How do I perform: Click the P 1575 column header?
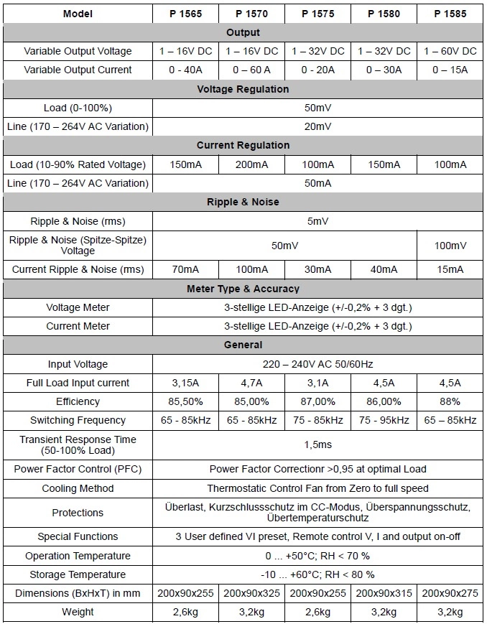pos(317,14)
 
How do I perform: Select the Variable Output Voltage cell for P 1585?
pos(450,51)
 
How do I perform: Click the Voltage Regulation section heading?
pos(243,89)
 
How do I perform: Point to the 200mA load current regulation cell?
pos(251,164)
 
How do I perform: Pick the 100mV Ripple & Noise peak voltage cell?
pos(450,246)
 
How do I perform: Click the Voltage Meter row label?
pos(78,307)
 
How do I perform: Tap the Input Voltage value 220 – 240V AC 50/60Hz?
pos(317,364)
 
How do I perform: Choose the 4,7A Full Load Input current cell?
pos(251,383)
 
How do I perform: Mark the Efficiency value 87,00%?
pos(317,401)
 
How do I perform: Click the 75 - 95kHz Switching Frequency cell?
pos(384,420)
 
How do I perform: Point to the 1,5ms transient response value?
pos(317,444)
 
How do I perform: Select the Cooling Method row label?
pos(78,488)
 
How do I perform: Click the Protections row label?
pos(78,513)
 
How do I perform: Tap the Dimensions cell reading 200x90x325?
pos(251,593)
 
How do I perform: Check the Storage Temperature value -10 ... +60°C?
pos(317,574)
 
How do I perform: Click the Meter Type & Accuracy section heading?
pos(243,289)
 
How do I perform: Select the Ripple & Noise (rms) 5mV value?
pos(317,221)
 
